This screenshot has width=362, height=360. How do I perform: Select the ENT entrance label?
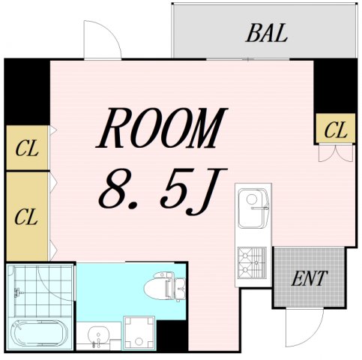tap(309, 279)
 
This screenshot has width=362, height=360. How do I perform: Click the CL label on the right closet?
tap(336, 130)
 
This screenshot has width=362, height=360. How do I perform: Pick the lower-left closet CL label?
tap(26, 218)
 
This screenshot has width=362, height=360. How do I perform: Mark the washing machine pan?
tap(139, 332)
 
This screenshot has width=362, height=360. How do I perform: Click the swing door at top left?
tap(101, 41)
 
